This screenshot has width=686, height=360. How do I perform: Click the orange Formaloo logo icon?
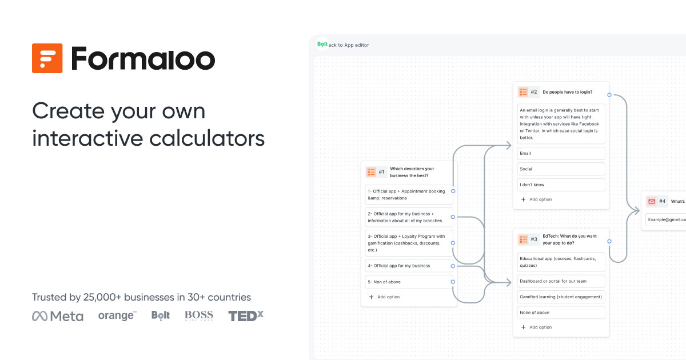(x=47, y=58)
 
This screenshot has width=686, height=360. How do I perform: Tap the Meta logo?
(x=58, y=316)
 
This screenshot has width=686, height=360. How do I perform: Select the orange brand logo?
(x=117, y=315)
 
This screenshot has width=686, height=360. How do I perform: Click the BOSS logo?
(x=199, y=315)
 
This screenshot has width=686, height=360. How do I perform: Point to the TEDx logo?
(x=246, y=315)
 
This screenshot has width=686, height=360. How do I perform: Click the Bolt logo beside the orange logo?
(x=161, y=315)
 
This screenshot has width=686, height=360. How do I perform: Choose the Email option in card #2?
(x=561, y=153)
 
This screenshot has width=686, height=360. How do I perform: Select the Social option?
(x=561, y=169)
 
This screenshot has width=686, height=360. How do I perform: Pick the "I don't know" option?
(x=561, y=185)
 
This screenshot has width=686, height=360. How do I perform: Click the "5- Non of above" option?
(x=409, y=282)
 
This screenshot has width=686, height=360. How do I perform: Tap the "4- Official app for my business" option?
(x=409, y=266)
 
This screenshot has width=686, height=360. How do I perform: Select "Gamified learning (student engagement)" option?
(x=561, y=297)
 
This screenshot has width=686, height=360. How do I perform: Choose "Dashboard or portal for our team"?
(x=561, y=281)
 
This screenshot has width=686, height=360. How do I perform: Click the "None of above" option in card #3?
(x=561, y=313)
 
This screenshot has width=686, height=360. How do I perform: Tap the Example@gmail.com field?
(x=666, y=219)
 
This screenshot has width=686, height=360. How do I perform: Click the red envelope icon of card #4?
(x=652, y=201)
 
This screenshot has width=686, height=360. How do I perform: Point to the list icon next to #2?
(x=523, y=92)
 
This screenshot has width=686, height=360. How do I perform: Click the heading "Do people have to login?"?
(x=567, y=92)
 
